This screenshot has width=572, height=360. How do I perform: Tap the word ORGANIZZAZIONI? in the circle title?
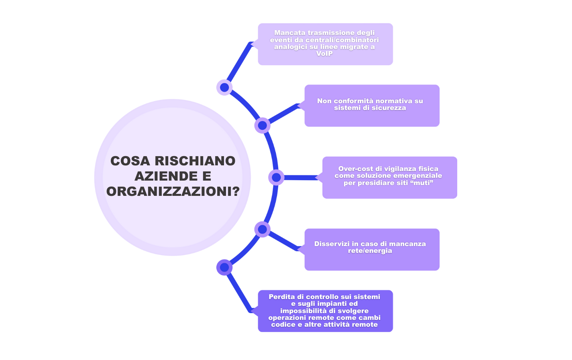(173, 191)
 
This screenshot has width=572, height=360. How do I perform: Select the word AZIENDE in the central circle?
(160, 176)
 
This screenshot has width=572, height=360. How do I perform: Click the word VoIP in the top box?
(324, 54)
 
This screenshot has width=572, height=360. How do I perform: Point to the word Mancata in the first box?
(289, 33)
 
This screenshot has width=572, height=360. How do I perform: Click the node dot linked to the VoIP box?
(224, 87)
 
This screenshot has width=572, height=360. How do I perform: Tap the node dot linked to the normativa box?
(262, 126)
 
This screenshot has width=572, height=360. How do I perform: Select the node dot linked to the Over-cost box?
(276, 177)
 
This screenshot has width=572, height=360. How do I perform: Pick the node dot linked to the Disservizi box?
(262, 229)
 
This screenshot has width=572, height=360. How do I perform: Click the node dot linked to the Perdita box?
(224, 267)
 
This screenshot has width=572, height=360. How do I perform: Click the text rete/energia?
(370, 251)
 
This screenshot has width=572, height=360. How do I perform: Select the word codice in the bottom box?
(283, 325)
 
